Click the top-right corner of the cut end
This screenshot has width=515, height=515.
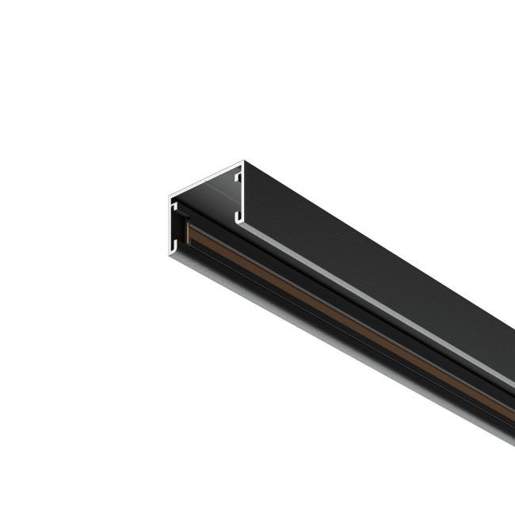pos(243,162)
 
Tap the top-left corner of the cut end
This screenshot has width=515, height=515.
pos(169,195)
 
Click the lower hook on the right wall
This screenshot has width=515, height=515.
pos(236,213)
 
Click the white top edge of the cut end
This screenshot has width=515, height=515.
pos(206,177)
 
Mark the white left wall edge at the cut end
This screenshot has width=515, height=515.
pos(170,226)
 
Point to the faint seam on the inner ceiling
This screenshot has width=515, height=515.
pos(208,189)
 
